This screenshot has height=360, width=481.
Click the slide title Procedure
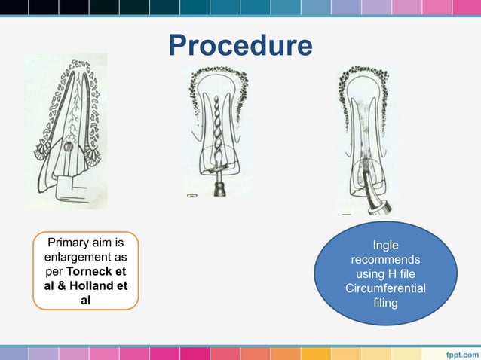[x=240, y=46]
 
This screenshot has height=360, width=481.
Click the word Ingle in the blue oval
[x=385, y=246]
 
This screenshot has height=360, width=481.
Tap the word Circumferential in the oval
[x=385, y=288]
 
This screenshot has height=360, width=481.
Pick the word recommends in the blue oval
[x=385, y=260]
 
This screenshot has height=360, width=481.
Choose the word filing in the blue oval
[x=385, y=303]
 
